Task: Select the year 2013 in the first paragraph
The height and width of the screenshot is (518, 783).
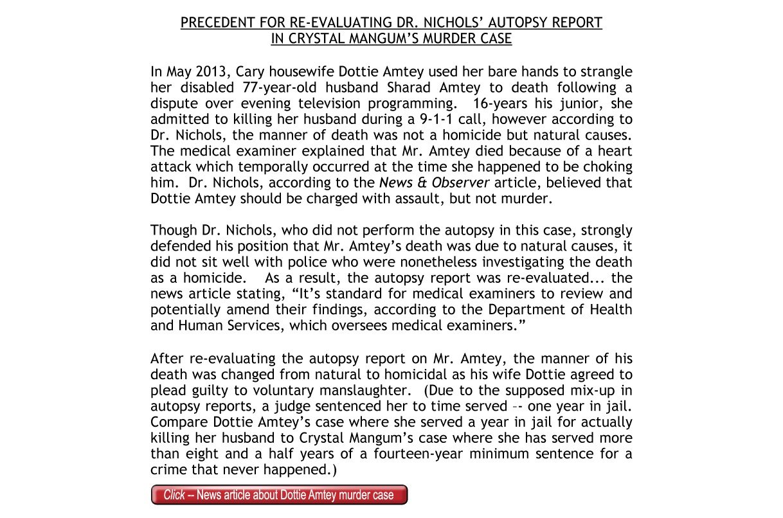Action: [x=208, y=71]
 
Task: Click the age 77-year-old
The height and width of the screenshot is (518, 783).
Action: [x=286, y=87]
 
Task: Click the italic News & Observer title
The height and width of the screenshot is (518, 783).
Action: [x=435, y=183]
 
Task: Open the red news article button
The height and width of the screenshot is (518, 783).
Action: [x=279, y=495]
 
